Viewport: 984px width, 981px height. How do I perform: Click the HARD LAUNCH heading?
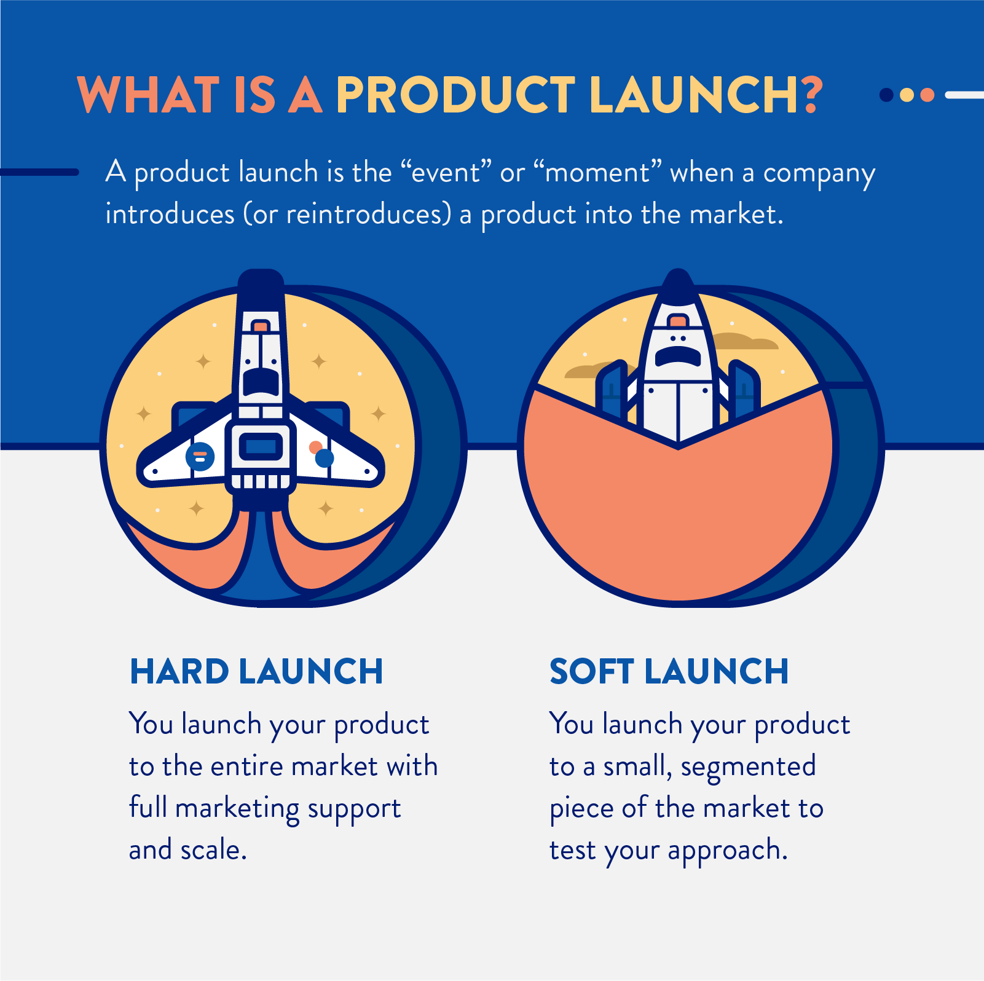pyautogui.click(x=256, y=671)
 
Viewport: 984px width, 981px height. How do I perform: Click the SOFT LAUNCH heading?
pyautogui.click(x=669, y=671)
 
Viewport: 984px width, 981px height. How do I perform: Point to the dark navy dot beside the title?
pyautogui.click(x=886, y=95)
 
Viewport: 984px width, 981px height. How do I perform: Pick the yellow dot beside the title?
pyautogui.click(x=907, y=95)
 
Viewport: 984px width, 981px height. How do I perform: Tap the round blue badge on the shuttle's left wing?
pyautogui.click(x=200, y=457)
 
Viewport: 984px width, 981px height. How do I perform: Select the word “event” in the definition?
pyautogui.click(x=446, y=173)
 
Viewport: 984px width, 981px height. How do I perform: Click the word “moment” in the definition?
pyautogui.click(x=597, y=173)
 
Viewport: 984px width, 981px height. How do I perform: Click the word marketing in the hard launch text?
pyautogui.click(x=237, y=809)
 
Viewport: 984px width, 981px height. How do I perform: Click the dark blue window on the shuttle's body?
pyautogui.click(x=261, y=446)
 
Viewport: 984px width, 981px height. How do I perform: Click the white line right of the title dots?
pyautogui.click(x=965, y=95)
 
